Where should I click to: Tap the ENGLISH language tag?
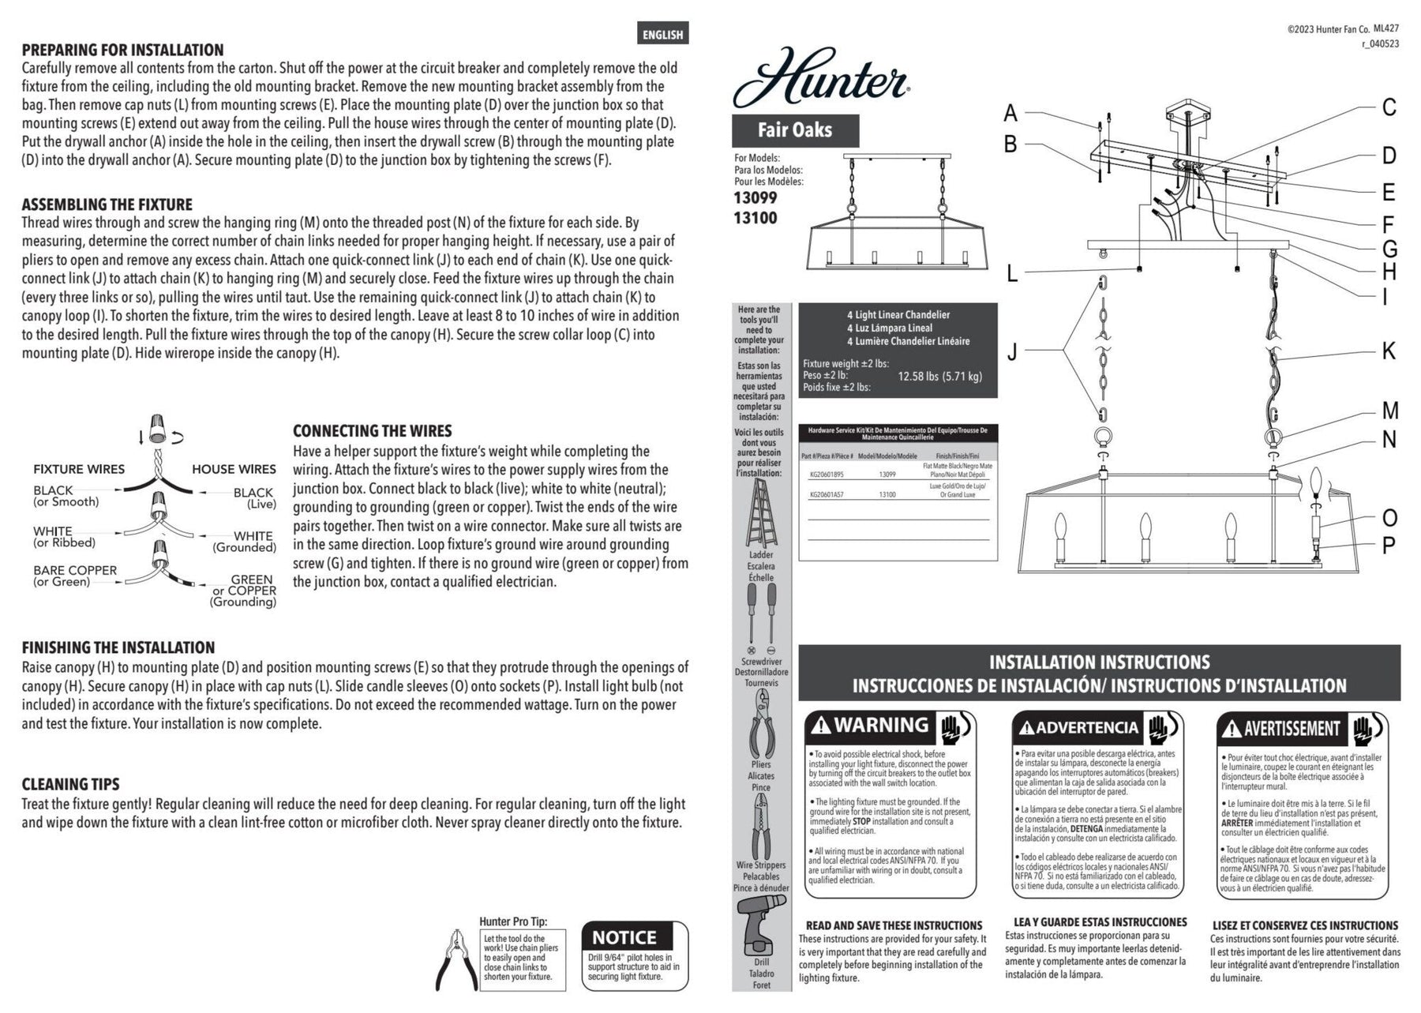[x=662, y=34]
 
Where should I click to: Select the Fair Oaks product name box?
[x=795, y=130]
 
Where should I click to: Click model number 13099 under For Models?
[x=755, y=198]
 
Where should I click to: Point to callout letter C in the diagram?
[x=1389, y=107]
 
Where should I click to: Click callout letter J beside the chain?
[x=1012, y=351]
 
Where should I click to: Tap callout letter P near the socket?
[x=1389, y=546]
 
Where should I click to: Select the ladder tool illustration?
[x=761, y=512]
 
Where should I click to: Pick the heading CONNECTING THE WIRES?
[x=372, y=431]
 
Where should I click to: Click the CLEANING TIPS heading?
[x=70, y=784]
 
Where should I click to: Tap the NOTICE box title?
[x=624, y=937]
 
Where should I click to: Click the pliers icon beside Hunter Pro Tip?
[x=456, y=959]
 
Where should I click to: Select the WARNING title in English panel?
[x=881, y=725]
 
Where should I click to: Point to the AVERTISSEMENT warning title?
[x=1292, y=728]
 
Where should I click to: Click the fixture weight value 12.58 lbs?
[x=939, y=376]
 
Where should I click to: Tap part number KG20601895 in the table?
[x=827, y=475]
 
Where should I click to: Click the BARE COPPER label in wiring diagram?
[x=75, y=570]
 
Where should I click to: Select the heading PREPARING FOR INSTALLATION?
[x=122, y=50]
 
